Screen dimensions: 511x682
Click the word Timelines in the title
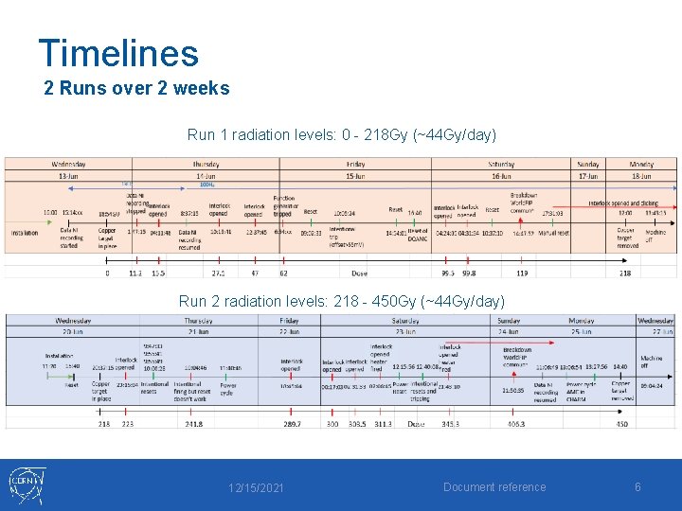(x=118, y=53)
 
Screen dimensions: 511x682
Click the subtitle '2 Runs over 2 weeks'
(x=137, y=88)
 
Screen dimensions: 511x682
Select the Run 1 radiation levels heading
(x=341, y=134)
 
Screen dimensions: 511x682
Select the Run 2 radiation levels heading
(x=341, y=301)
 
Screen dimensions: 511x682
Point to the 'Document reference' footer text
(x=495, y=487)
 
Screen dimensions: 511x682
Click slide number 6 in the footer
(x=637, y=487)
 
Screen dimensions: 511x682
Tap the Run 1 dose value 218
(x=625, y=273)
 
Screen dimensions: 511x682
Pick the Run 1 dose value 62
(x=283, y=273)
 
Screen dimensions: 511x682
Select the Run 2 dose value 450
(x=621, y=424)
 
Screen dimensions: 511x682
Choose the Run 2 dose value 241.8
(x=193, y=424)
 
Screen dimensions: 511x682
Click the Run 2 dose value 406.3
(x=515, y=424)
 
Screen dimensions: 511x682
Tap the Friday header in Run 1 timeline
(x=356, y=163)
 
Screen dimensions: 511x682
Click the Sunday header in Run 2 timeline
(x=508, y=321)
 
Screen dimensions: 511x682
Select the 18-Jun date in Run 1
(x=641, y=175)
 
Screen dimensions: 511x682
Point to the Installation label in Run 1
(x=25, y=232)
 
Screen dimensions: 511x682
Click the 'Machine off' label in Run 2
(x=652, y=362)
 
